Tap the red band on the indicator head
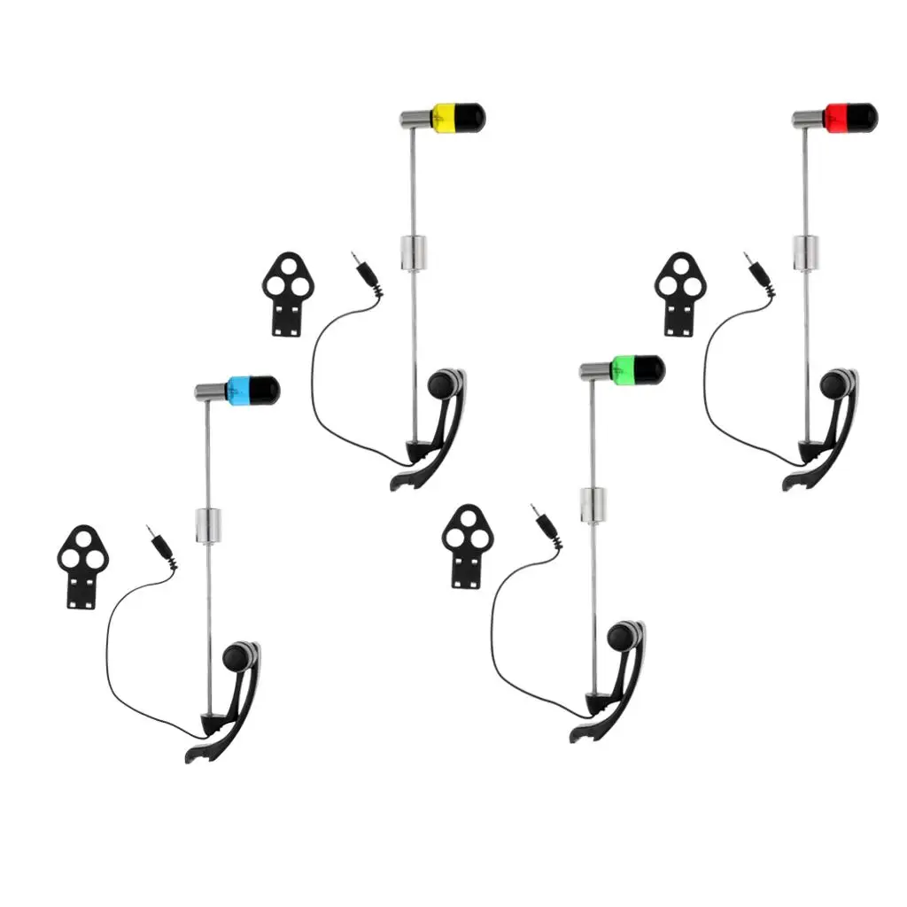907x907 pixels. (836, 116)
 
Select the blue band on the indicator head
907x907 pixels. (238, 390)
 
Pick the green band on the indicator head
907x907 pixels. (624, 368)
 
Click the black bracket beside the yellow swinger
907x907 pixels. (288, 291)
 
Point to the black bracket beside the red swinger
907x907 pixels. (679, 292)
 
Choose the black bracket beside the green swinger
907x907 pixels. (467, 545)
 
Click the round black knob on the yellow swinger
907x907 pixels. (440, 384)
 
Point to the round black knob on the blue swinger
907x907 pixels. (235, 657)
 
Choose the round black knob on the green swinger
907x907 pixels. (619, 636)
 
